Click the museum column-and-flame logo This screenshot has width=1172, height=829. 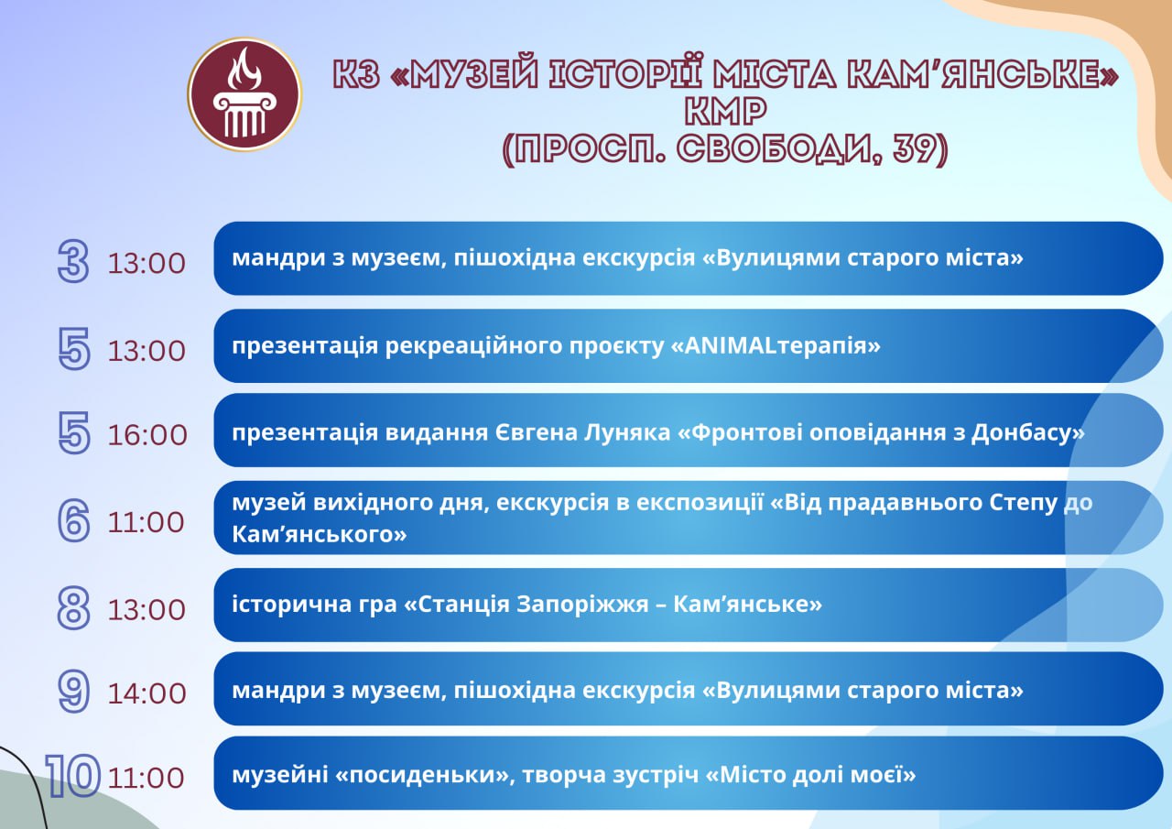244,94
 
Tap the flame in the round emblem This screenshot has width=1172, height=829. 244,69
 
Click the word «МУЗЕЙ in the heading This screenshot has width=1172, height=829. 464,75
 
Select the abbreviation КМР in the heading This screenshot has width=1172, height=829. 726,111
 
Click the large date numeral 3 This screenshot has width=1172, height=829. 73,261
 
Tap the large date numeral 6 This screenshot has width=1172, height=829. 74,520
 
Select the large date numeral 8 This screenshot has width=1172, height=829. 73,607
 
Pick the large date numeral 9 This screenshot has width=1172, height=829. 74,692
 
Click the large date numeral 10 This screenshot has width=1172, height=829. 72,776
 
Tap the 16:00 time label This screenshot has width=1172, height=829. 147,435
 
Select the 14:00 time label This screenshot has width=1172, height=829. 147,693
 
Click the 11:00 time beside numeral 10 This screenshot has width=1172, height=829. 146,778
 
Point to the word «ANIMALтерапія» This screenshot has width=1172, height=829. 776,345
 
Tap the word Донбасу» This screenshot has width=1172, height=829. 1028,433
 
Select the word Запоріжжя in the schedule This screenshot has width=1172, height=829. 591,605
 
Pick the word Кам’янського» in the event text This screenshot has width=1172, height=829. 320,534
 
